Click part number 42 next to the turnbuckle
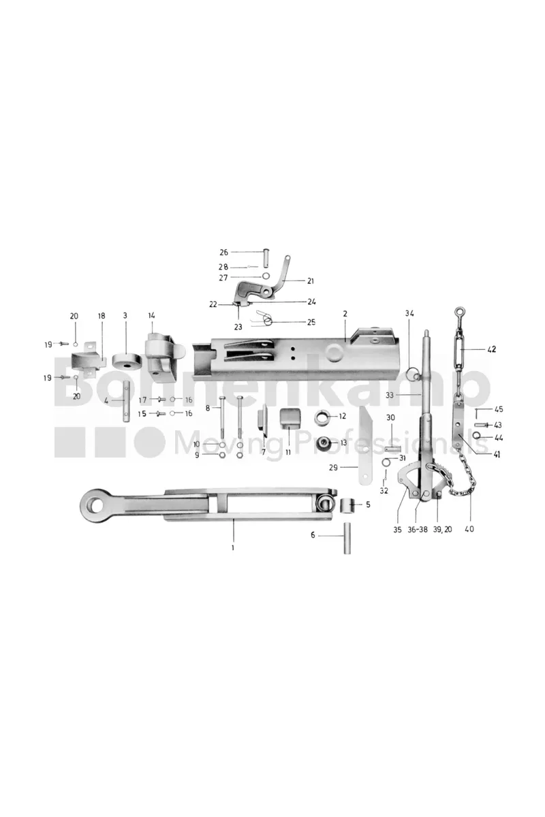pyautogui.click(x=491, y=349)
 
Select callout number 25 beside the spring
pyautogui.click(x=311, y=322)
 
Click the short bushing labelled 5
pyautogui.click(x=347, y=506)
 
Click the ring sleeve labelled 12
pyautogui.click(x=322, y=418)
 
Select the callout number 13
pyautogui.click(x=343, y=443)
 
